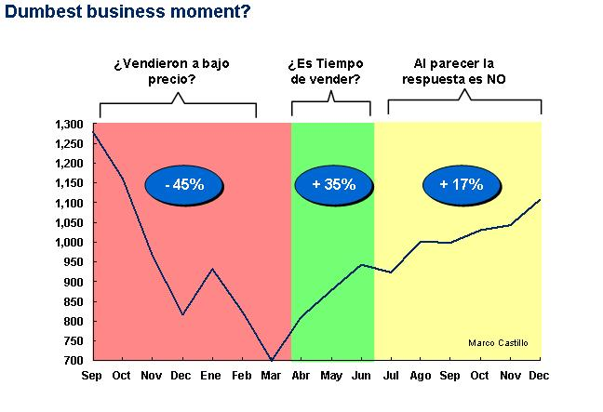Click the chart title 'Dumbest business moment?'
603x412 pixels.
pos(127,13)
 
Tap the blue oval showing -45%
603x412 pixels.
pos(183,184)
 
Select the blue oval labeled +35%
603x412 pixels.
pos(334,184)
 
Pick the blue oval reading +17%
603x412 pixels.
pos(462,184)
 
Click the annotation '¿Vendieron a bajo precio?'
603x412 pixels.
pos(171,72)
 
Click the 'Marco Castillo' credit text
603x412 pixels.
pos(498,342)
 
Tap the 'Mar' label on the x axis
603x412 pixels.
pos(271,375)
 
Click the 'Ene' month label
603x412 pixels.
pos(212,375)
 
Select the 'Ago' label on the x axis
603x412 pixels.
pos(420,375)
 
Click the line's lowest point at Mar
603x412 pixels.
pos(271,360)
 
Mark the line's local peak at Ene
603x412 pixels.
pos(212,270)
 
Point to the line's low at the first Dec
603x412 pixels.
pos(182,314)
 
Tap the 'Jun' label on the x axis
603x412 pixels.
pos(360,375)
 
